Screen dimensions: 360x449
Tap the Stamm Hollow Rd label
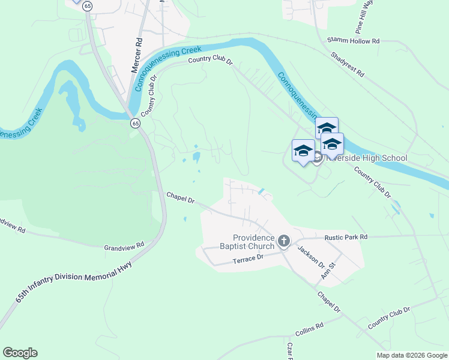tap(354, 41)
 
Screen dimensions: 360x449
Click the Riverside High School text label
tap(369, 158)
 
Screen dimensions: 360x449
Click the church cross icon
tap(285, 241)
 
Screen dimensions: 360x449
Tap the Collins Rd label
tap(309, 329)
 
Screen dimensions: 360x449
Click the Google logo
tap(20, 353)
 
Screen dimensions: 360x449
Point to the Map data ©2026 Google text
tap(411, 355)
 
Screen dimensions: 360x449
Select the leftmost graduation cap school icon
tap(303, 150)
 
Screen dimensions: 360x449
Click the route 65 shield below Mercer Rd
tap(135, 123)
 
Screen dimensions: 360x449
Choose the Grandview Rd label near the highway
tap(125, 246)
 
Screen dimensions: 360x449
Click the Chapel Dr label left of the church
tap(181, 197)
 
